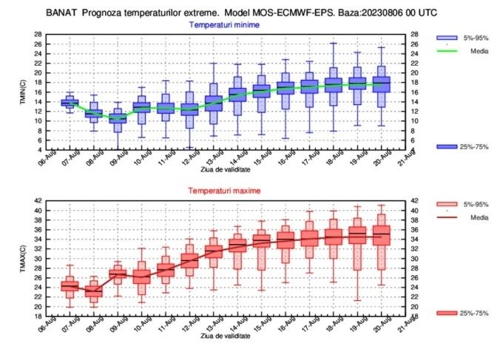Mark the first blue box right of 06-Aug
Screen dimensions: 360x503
point(70,102)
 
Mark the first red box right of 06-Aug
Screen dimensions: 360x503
point(70,285)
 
